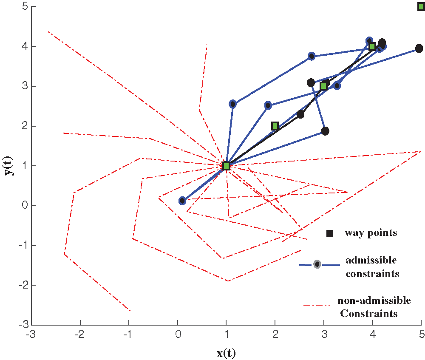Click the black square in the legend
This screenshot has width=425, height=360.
[x=329, y=233]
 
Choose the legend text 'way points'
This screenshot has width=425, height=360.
[x=371, y=233]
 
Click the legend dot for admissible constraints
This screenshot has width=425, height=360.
[x=317, y=264]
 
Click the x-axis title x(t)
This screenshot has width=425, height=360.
[x=226, y=353]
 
